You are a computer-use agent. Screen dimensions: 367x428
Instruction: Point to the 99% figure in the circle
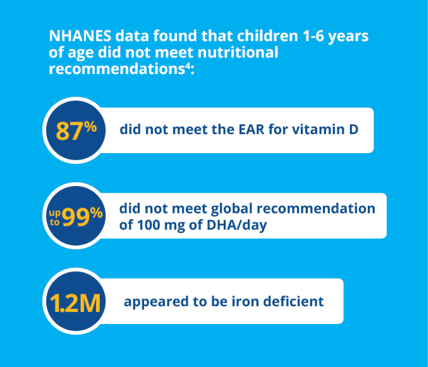(83, 216)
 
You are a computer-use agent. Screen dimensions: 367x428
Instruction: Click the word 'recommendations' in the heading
(117, 69)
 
